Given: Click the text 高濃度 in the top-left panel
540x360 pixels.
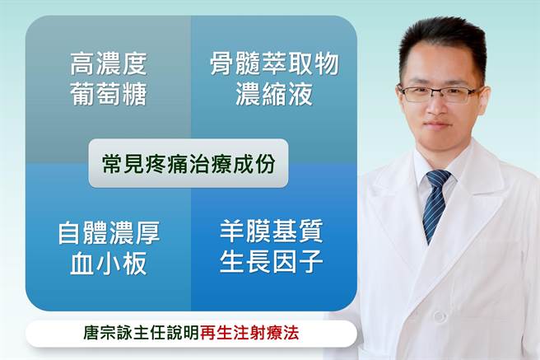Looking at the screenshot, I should click(109, 64).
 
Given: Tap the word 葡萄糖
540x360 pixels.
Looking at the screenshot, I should click(109, 95).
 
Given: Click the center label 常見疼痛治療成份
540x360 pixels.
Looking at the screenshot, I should click(189, 162).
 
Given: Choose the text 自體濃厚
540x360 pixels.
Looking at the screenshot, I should click(109, 233).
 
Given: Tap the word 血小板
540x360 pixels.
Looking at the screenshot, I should click(109, 264).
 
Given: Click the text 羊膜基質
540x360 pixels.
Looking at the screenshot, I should click(271, 231).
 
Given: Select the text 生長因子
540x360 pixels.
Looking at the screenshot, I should click(271, 262).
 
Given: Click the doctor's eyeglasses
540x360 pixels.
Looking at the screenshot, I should click(440, 92).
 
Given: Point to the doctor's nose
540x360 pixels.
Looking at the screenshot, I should click(440, 105).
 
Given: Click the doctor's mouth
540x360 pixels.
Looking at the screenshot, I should click(439, 124).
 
